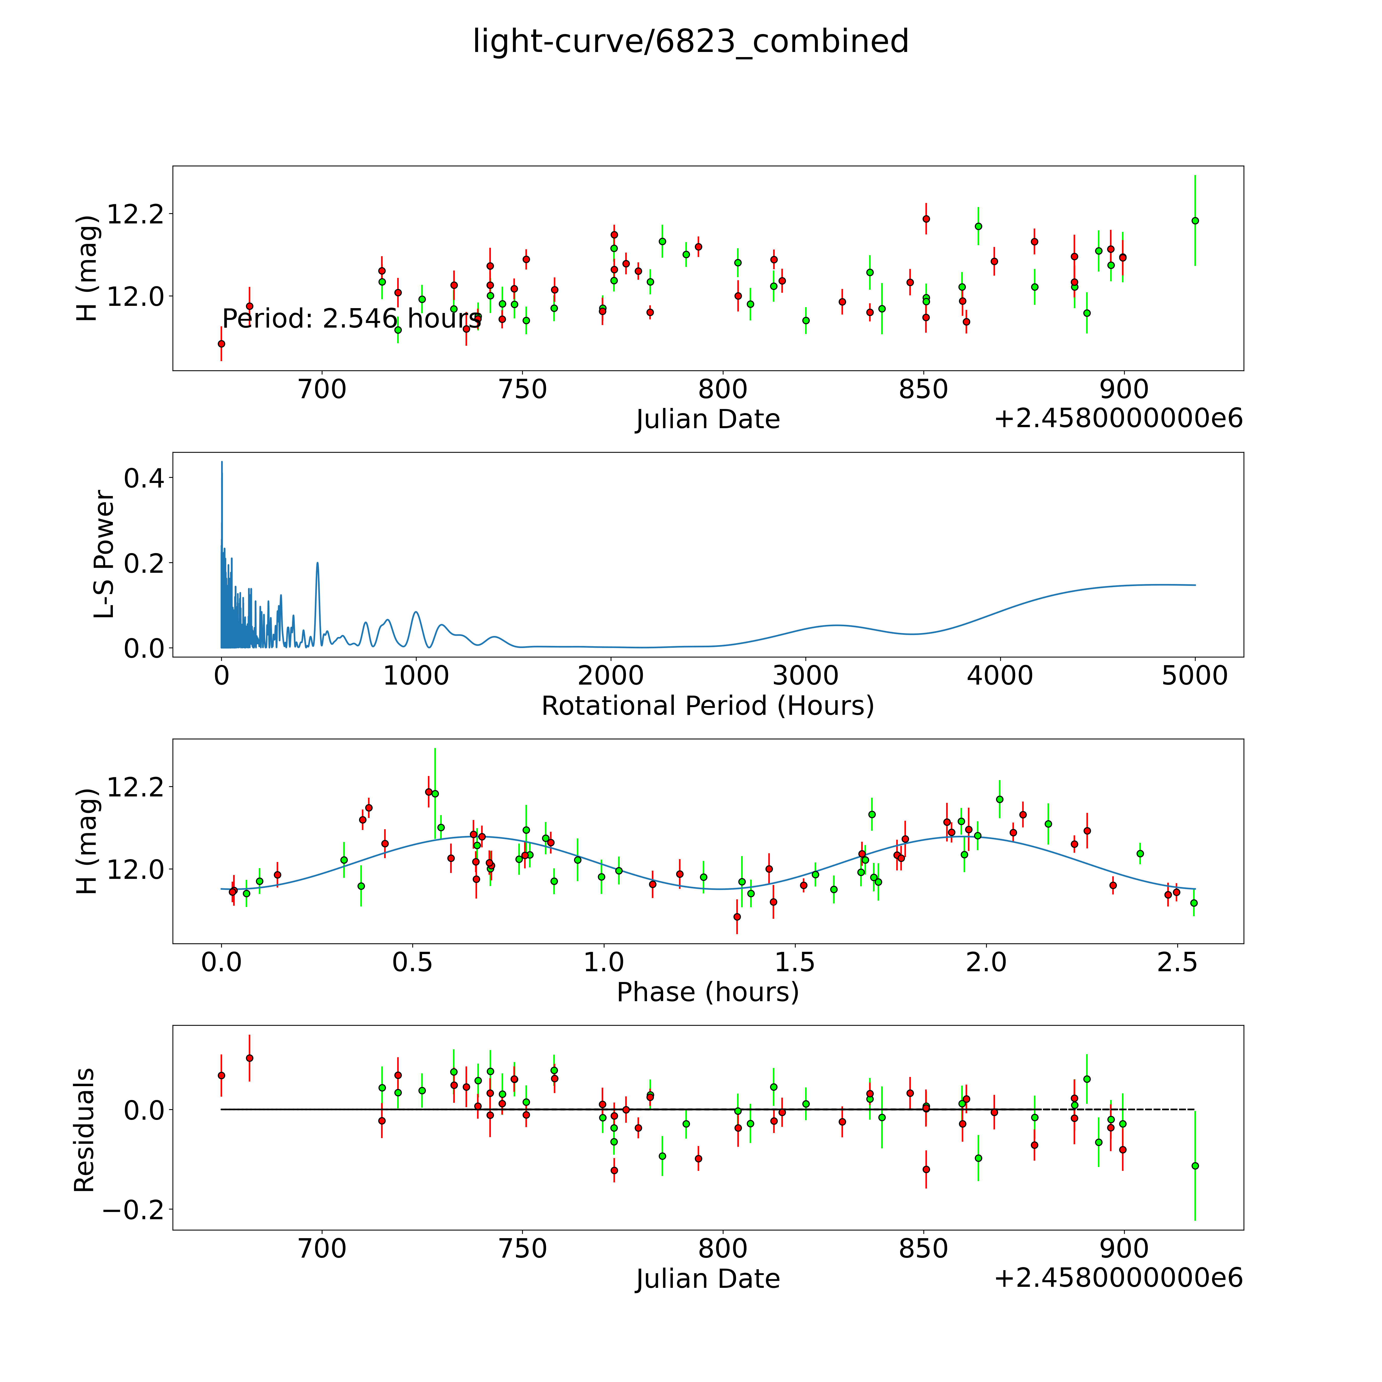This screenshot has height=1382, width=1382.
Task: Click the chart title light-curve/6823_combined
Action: (x=690, y=41)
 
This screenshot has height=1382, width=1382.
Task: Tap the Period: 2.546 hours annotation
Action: (x=352, y=318)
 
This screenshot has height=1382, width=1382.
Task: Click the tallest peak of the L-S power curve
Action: (x=222, y=462)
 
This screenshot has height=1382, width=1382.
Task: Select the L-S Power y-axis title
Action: (x=104, y=554)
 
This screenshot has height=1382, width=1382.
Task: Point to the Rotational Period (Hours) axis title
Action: (x=707, y=706)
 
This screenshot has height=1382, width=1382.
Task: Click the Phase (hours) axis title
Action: (x=707, y=992)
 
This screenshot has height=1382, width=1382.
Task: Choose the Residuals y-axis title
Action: (x=84, y=1130)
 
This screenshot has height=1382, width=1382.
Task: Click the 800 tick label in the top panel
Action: (x=722, y=390)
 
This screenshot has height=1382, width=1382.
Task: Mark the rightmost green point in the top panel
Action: (x=1195, y=220)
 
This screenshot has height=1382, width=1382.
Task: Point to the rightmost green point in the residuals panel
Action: (x=1195, y=1166)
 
